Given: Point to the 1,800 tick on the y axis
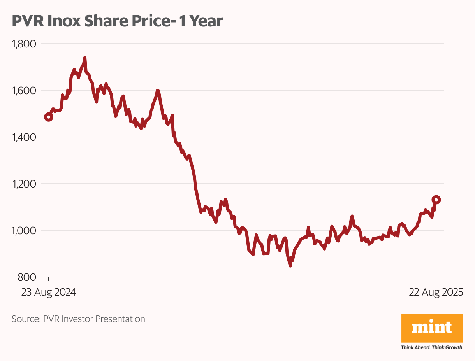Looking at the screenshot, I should tap(24, 44).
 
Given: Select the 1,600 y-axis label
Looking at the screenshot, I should tap(24, 91).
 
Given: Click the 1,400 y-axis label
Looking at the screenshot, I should tap(24, 137).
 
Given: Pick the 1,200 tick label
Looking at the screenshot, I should tap(24, 184).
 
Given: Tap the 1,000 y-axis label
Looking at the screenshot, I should tap(24, 231).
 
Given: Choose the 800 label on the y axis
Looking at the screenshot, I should tap(27, 277).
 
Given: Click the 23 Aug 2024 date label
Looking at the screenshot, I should tap(48, 293).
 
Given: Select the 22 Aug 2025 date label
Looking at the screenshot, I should tap(436, 293).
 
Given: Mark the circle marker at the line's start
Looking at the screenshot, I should tap(49, 117).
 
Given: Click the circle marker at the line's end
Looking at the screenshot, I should tap(436, 200).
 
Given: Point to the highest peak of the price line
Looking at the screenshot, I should tap(85, 58).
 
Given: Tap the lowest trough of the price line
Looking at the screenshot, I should tap(290, 266).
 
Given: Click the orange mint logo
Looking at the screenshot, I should tap(432, 328).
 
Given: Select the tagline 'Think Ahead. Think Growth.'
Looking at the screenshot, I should tap(432, 347).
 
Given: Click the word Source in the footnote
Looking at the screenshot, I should tap(25, 319).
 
